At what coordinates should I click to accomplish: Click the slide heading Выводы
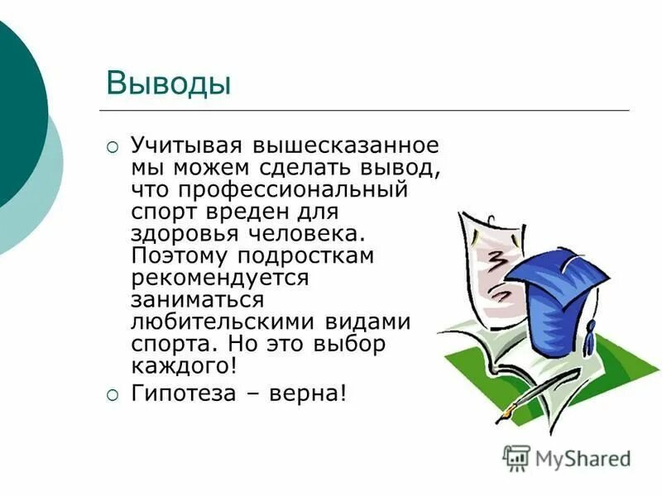point(168,83)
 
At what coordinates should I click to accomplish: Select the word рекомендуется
point(219,278)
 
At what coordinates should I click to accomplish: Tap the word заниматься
point(197,299)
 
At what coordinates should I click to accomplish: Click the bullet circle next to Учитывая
point(113,147)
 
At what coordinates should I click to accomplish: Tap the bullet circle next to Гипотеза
point(113,394)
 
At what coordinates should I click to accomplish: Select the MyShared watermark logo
point(567,457)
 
